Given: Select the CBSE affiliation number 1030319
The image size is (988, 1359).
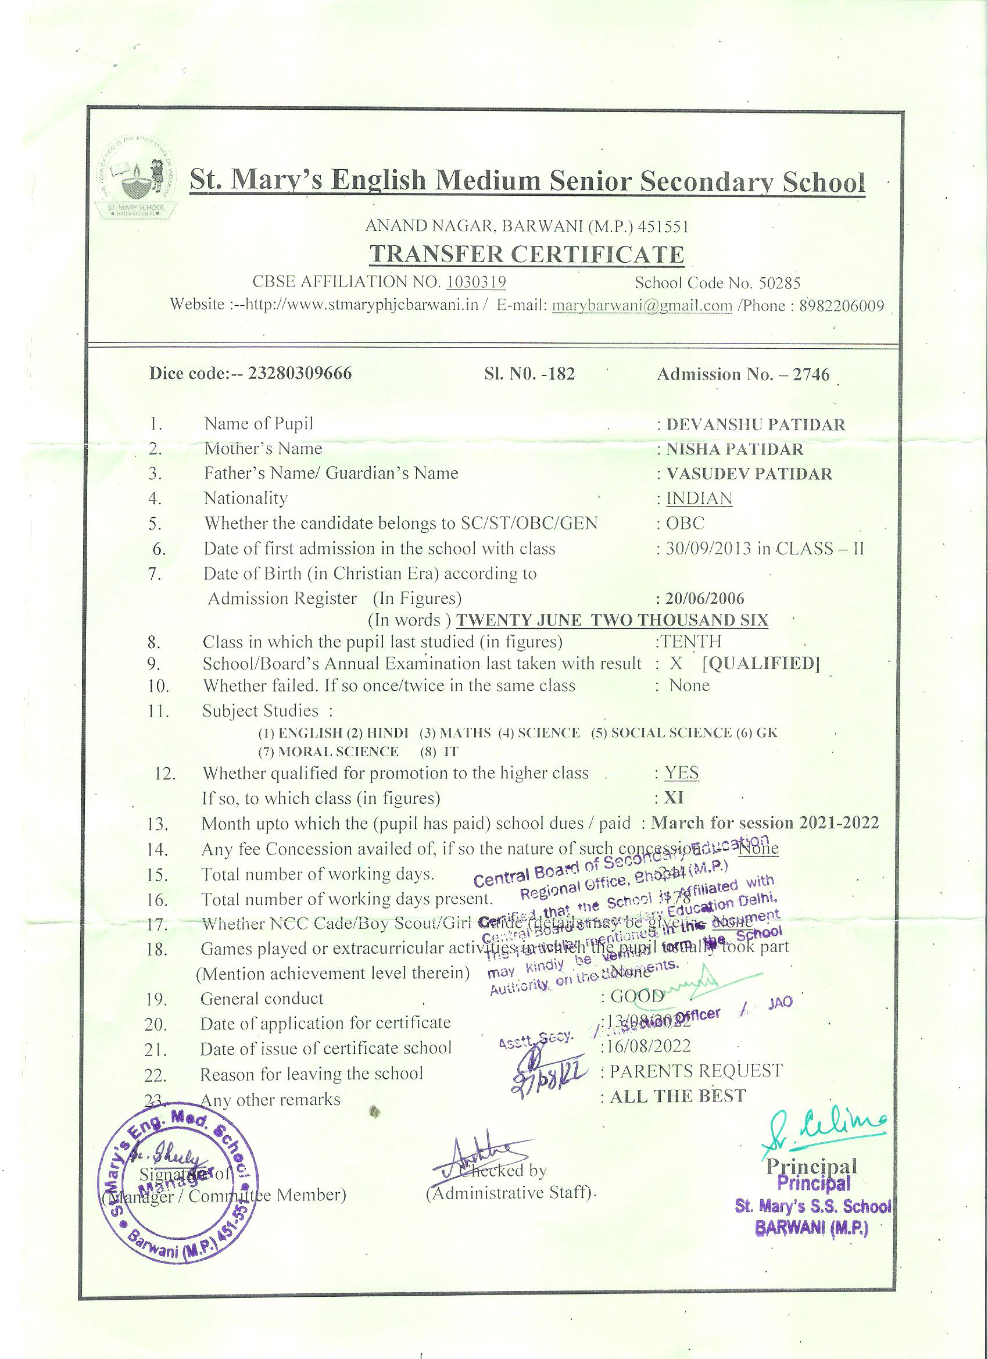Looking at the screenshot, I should (x=477, y=282).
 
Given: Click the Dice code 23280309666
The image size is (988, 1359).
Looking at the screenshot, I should (x=299, y=374).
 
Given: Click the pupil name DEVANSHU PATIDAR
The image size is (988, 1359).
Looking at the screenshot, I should (x=756, y=425).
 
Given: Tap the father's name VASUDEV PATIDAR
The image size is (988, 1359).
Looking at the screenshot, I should (x=749, y=474).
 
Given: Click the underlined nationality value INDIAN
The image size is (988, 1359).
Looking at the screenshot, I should (x=699, y=499).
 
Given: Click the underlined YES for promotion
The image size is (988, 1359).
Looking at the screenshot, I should (x=681, y=773).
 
